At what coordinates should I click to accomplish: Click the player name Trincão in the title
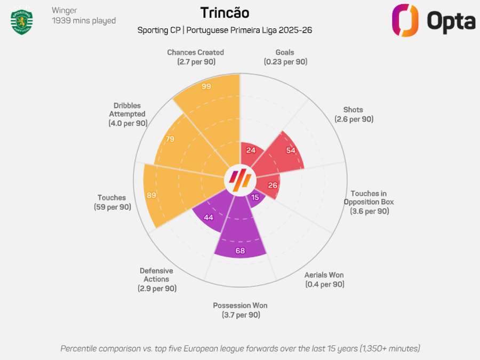pos(225,13)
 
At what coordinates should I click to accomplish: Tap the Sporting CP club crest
pos(22,21)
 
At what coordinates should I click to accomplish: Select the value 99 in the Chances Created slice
pos(206,86)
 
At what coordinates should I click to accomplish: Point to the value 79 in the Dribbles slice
pos(170,139)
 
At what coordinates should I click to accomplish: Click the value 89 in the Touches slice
pos(151,195)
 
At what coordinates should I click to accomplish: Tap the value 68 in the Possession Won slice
pos(240,251)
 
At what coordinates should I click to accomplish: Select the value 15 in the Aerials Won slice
pos(255,197)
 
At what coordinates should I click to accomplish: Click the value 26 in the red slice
pos(273,186)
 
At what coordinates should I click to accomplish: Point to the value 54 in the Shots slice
pos(291,150)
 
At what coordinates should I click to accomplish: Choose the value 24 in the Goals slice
pos(251,150)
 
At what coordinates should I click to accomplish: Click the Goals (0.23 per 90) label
pos(285,57)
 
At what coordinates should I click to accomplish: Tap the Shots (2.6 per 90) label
pos(354,115)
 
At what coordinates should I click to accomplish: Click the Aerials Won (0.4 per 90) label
pos(324,279)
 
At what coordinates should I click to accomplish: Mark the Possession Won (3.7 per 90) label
pos(240,310)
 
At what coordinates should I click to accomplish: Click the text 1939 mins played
pos(84,21)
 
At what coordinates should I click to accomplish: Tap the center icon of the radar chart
pos(239,180)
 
